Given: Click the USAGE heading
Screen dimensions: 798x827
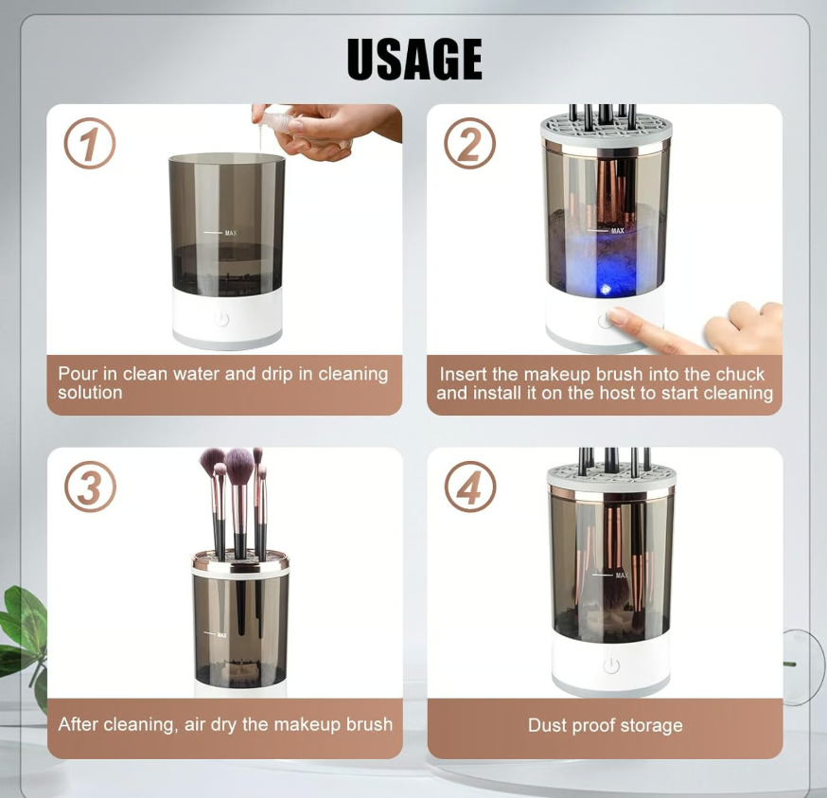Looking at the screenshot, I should [414, 60].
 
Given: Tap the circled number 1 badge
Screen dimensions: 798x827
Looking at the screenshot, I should [90, 145].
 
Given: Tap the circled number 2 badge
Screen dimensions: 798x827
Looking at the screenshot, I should [470, 145].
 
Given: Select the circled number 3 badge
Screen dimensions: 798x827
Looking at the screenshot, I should [90, 488].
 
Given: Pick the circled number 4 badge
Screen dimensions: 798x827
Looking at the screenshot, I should [470, 488].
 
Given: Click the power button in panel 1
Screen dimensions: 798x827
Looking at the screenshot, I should [221, 319].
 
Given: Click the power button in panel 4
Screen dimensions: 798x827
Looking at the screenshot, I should [611, 666].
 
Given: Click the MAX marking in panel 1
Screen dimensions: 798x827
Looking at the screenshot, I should [230, 232].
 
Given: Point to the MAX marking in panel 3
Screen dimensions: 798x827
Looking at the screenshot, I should [221, 634].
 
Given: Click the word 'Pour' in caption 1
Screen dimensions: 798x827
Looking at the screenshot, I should [77, 374].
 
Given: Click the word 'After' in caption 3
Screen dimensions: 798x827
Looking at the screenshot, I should [79, 724].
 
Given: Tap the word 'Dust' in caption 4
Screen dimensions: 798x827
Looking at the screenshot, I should [548, 726].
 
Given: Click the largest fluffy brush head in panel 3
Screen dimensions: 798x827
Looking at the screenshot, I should [239, 466].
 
